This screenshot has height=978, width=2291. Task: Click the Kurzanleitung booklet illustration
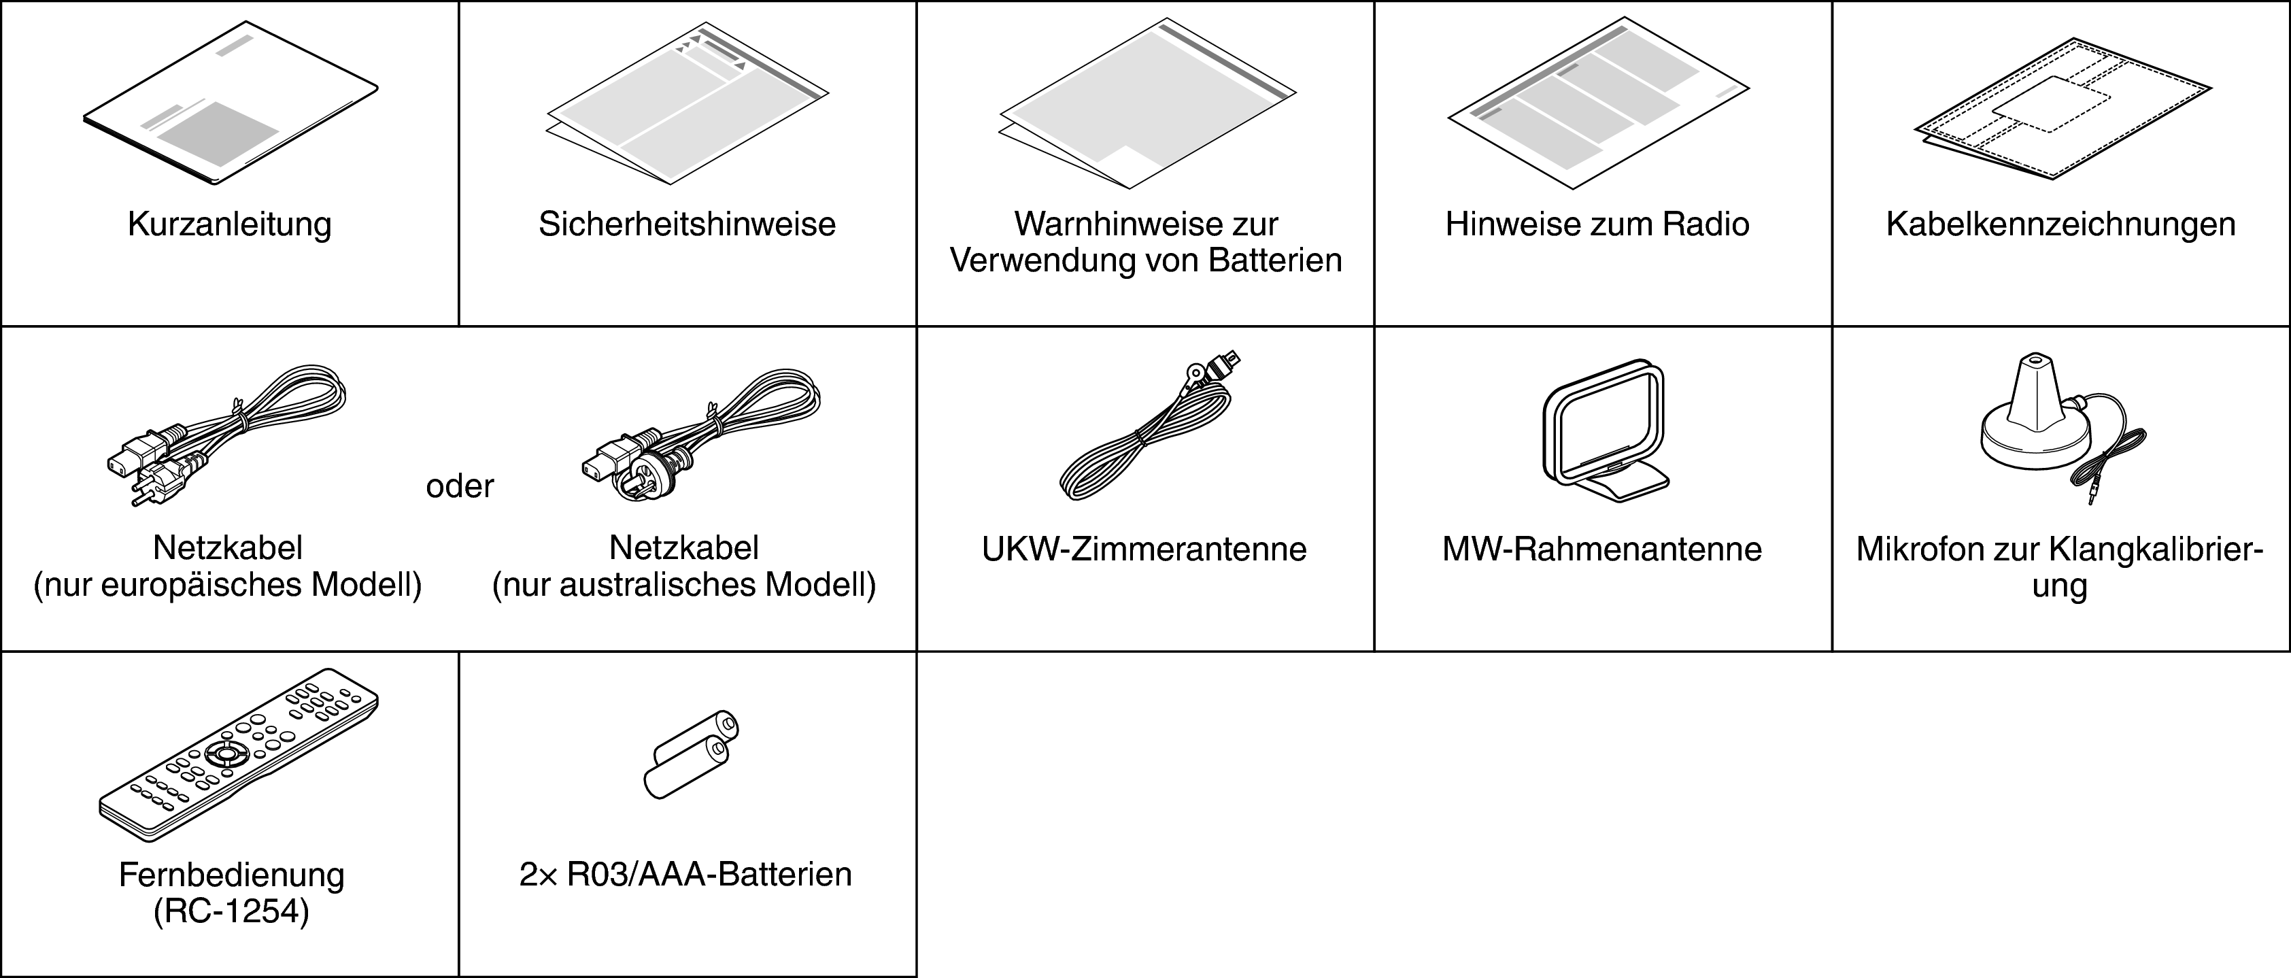231,103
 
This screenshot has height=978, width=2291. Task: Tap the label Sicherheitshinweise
687,224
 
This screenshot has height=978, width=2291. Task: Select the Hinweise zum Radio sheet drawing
1599,103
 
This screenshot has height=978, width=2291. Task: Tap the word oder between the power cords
460,486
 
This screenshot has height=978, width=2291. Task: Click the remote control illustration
239,755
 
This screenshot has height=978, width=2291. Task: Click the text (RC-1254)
231,912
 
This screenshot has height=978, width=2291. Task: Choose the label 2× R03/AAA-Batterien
685,875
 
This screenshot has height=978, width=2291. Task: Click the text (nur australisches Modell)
684,585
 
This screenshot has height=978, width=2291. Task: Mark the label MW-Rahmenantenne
1601,550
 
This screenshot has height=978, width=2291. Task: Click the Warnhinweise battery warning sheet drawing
1147,103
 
